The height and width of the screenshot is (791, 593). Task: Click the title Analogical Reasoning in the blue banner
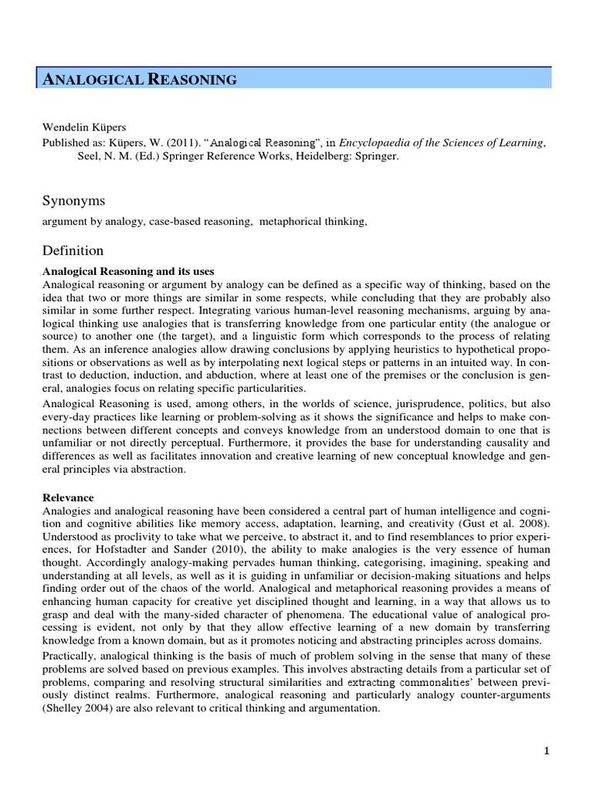pyautogui.click(x=138, y=79)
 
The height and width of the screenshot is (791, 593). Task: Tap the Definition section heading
pyautogui.click(x=73, y=250)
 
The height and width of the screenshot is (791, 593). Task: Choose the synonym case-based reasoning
pyautogui.click(x=206, y=222)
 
